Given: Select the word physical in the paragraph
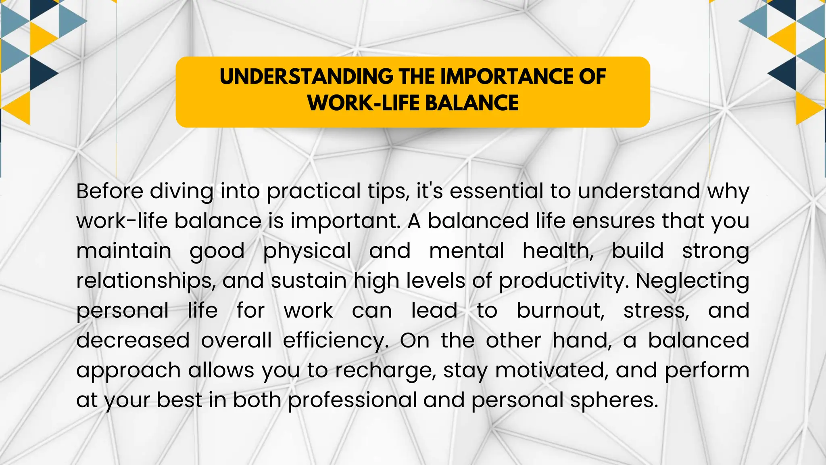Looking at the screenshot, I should click(x=307, y=251).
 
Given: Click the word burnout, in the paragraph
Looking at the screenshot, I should click(x=561, y=311).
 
